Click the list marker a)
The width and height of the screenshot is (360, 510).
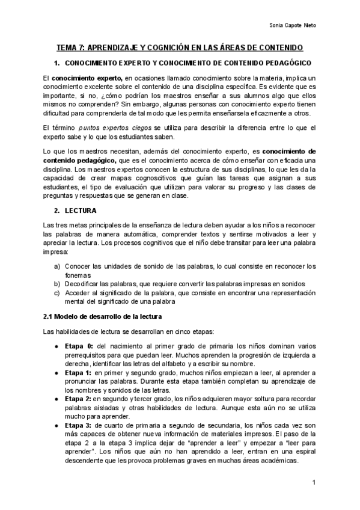(57, 266)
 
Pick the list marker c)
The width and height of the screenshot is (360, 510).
(57, 293)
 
